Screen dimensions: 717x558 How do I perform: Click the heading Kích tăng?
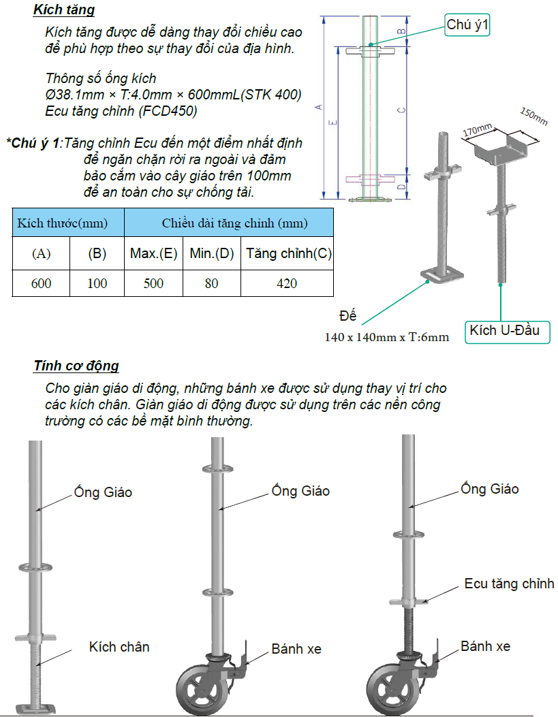pos(64,10)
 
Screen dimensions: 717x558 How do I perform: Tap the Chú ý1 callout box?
pos(467,25)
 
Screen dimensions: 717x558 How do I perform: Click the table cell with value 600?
pos(41,283)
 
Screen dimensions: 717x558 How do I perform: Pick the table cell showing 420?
pos(287,283)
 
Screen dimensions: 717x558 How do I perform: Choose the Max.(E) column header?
pos(153,254)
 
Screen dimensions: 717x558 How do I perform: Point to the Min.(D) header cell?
pos(211,254)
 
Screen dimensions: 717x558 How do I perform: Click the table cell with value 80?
pos(211,283)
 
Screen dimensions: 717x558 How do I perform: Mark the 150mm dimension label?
pos(533,116)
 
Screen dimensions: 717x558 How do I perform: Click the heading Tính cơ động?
pos(76,366)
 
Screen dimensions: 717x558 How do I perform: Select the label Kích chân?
pos(119,647)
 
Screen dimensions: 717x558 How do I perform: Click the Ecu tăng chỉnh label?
pos(509,584)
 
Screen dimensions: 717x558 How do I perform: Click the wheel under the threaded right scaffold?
pos(393,688)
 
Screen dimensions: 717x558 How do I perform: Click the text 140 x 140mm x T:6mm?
pos(386,338)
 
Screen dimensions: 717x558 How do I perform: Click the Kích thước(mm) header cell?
pos(68,223)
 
